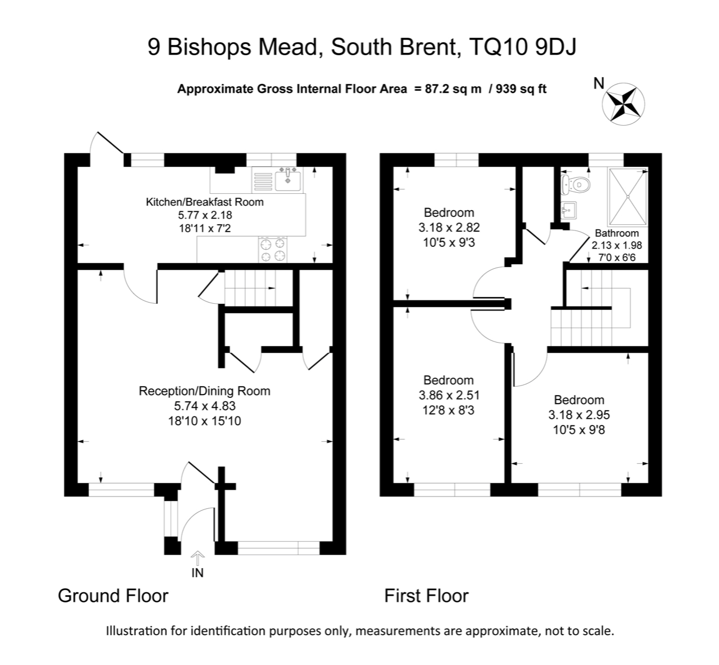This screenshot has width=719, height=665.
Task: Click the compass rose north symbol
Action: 624,103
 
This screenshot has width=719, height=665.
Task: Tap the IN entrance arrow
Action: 197,558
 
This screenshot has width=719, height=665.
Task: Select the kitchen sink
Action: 289,179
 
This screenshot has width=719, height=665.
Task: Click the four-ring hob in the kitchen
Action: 273,250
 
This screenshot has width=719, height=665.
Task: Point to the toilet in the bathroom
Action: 576,184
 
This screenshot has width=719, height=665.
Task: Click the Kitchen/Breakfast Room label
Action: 205,202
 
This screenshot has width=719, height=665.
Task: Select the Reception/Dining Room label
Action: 205,391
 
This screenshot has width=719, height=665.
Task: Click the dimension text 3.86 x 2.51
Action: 449,395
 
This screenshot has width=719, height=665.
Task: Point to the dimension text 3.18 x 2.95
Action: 579,415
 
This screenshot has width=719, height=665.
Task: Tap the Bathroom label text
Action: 617,233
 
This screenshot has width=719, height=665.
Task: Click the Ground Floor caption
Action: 113,596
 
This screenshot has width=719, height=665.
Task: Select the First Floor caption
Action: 426,596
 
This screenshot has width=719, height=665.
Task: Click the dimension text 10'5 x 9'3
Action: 449,243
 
